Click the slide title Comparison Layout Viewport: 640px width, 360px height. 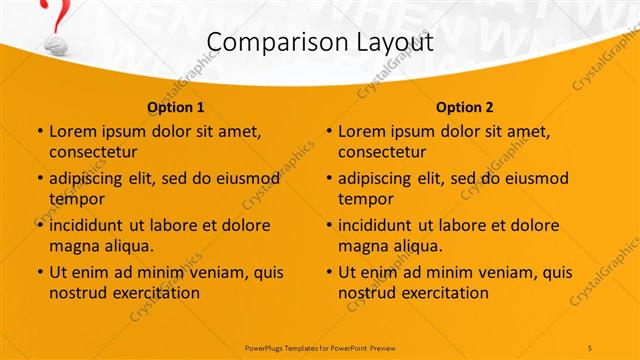(x=319, y=43)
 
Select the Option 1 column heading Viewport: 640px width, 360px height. (x=175, y=107)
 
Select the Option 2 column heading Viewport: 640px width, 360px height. (x=464, y=107)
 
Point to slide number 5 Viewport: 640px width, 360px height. (x=591, y=347)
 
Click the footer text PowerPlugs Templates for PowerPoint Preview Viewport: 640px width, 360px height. (x=320, y=347)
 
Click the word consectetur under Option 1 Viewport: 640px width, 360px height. (x=92, y=152)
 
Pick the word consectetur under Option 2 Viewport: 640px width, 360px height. (x=381, y=152)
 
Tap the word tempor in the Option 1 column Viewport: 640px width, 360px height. (x=76, y=198)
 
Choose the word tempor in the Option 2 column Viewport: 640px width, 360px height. (x=365, y=198)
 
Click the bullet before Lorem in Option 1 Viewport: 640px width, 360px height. (x=40, y=131)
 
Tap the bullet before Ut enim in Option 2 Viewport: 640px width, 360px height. (x=329, y=272)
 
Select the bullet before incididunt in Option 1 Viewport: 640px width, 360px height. (x=40, y=225)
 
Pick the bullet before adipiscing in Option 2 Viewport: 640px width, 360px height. (x=329, y=178)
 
